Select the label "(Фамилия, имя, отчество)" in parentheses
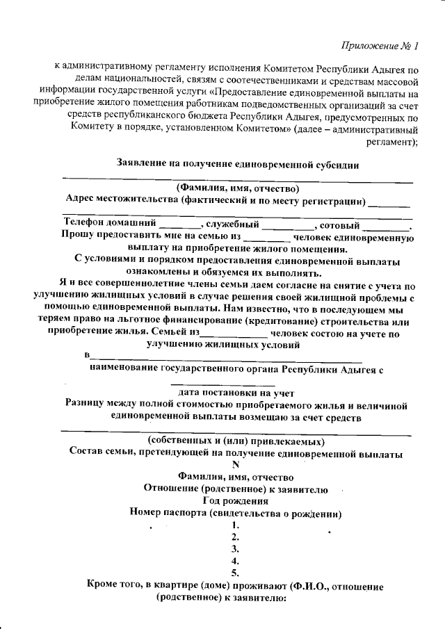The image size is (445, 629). (236, 188)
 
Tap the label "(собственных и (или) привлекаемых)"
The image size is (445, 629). (236, 441)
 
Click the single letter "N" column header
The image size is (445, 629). (236, 465)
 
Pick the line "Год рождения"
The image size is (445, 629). (236, 500)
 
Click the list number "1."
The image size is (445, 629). (236, 525)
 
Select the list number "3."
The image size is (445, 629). (236, 548)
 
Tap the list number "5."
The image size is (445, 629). (236, 573)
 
